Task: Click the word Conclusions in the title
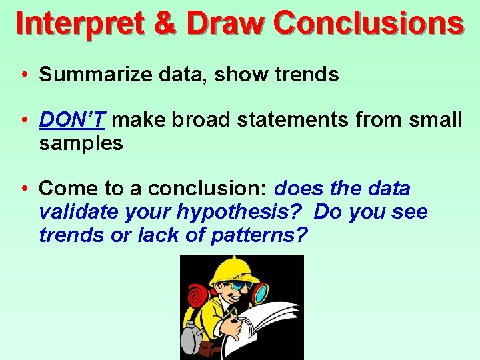coord(368,24)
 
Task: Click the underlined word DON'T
coord(72,120)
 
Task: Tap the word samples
coord(81,143)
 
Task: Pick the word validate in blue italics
coord(72,212)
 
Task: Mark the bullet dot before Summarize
coord(23,75)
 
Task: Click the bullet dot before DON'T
coord(23,121)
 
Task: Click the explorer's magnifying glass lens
coord(262,292)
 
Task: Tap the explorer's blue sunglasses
coord(244,286)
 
